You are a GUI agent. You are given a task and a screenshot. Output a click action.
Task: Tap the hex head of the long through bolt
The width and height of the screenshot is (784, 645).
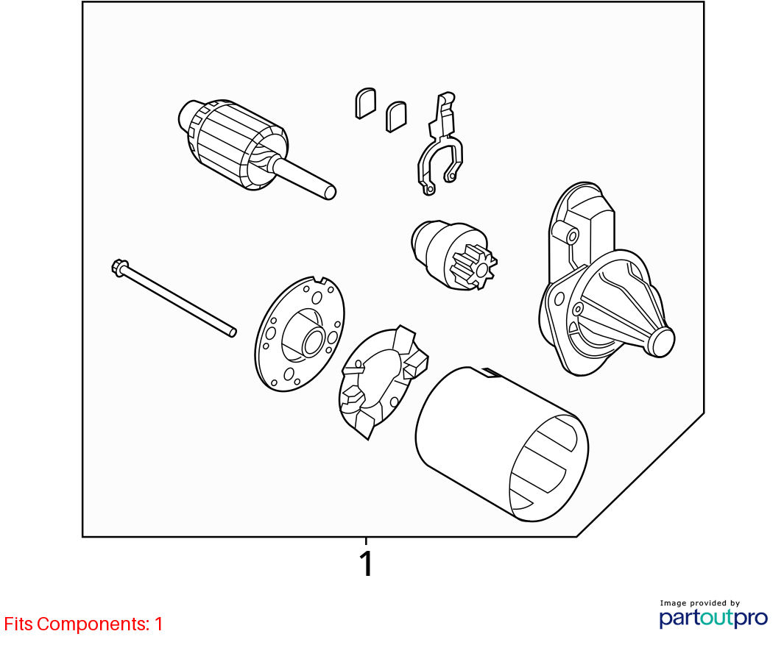coord(120,267)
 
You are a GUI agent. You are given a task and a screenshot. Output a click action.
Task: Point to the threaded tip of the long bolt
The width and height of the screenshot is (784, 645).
coord(232,332)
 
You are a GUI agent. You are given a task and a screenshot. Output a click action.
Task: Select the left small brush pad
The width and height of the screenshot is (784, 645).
coord(366,103)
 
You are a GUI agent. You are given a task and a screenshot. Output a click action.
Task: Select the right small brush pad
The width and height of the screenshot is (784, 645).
coord(396,116)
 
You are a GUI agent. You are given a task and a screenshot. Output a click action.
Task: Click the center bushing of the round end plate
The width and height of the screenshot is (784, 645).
coord(314,342)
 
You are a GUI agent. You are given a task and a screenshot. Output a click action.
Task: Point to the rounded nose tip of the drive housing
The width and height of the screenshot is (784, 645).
coord(662,343)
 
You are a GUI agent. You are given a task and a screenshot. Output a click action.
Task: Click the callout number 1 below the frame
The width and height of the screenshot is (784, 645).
coord(367,563)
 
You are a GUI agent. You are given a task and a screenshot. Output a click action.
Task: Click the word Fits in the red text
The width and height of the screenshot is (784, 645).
coord(18,624)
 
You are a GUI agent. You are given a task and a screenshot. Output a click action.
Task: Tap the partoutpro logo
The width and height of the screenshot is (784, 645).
coord(713,618)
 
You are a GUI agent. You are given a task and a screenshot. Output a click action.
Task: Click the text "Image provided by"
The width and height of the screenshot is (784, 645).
coord(699,603)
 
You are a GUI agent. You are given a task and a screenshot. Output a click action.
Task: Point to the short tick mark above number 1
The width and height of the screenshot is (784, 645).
coord(366,541)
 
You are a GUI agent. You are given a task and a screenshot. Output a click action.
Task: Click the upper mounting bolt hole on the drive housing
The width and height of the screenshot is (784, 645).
coord(573,236)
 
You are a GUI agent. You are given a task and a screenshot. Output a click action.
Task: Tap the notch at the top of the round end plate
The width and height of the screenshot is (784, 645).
coord(319,280)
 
